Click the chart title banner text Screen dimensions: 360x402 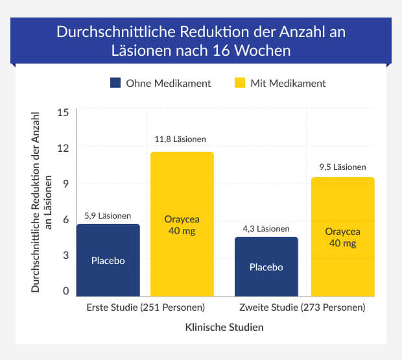(201, 40)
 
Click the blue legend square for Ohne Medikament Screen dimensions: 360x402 (116, 83)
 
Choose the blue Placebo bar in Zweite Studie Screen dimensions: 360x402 (266, 267)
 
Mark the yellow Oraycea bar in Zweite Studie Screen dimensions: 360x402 (342, 237)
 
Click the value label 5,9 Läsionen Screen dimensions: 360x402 (108, 216)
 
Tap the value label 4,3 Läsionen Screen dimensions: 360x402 (266, 228)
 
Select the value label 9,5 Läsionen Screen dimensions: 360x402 (342, 167)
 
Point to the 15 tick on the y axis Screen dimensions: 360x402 (63, 112)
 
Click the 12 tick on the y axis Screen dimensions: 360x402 (63, 148)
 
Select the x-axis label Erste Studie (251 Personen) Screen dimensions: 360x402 (145, 307)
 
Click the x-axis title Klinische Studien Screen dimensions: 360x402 (225, 328)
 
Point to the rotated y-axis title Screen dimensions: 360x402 (40, 201)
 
